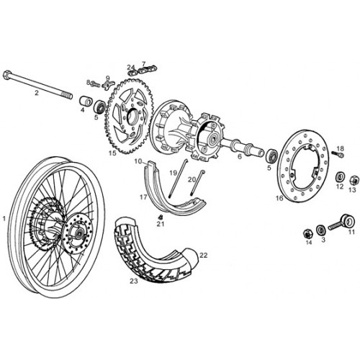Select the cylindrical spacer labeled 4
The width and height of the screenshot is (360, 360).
tap(86, 101)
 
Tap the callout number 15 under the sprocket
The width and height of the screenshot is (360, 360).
tap(112, 153)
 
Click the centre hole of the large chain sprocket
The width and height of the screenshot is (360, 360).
tap(132, 117)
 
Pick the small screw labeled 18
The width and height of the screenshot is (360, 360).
tap(338, 154)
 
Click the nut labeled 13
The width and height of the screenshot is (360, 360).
tap(354, 179)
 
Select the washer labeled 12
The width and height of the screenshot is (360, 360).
tap(340, 177)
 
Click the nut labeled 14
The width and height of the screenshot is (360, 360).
tap(307, 233)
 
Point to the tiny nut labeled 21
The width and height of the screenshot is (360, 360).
tap(161, 217)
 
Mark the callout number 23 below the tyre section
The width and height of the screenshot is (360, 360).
tap(134, 281)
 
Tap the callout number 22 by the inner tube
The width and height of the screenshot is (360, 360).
tap(203, 255)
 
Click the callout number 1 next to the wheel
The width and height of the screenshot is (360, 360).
tap(4, 219)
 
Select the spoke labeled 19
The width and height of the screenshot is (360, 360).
tap(179, 178)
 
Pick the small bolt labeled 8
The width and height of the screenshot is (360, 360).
tap(94, 84)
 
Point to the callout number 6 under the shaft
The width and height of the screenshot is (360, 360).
tap(239, 156)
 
